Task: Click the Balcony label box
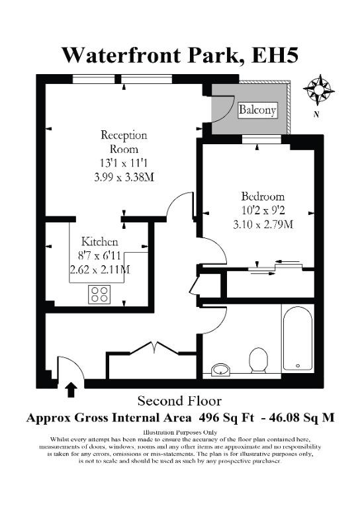258,110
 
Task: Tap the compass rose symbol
318,90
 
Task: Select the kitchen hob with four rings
99,294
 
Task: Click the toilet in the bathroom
258,360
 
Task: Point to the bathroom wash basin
220,369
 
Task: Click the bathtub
298,338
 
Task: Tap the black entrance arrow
71,390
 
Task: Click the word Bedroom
263,196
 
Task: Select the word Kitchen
99,241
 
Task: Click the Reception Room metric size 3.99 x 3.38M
124,177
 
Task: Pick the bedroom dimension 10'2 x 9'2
263,210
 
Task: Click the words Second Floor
179,401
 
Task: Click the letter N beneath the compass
316,114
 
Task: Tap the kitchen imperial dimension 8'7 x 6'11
99,256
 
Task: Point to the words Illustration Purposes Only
180,432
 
